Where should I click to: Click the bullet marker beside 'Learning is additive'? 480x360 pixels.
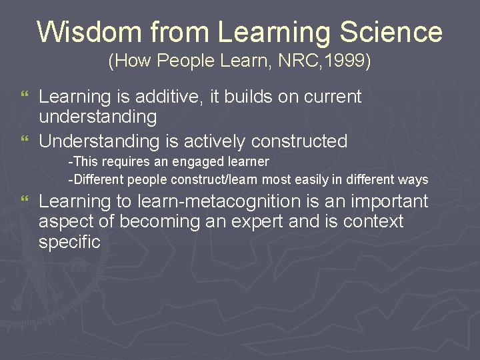[x=25, y=97]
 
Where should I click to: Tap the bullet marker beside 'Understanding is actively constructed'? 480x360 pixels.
[x=25, y=141]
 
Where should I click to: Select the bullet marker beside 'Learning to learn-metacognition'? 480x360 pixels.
[x=25, y=199]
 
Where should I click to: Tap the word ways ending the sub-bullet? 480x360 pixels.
[x=413, y=180]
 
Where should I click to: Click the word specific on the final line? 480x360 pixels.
[x=69, y=242]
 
